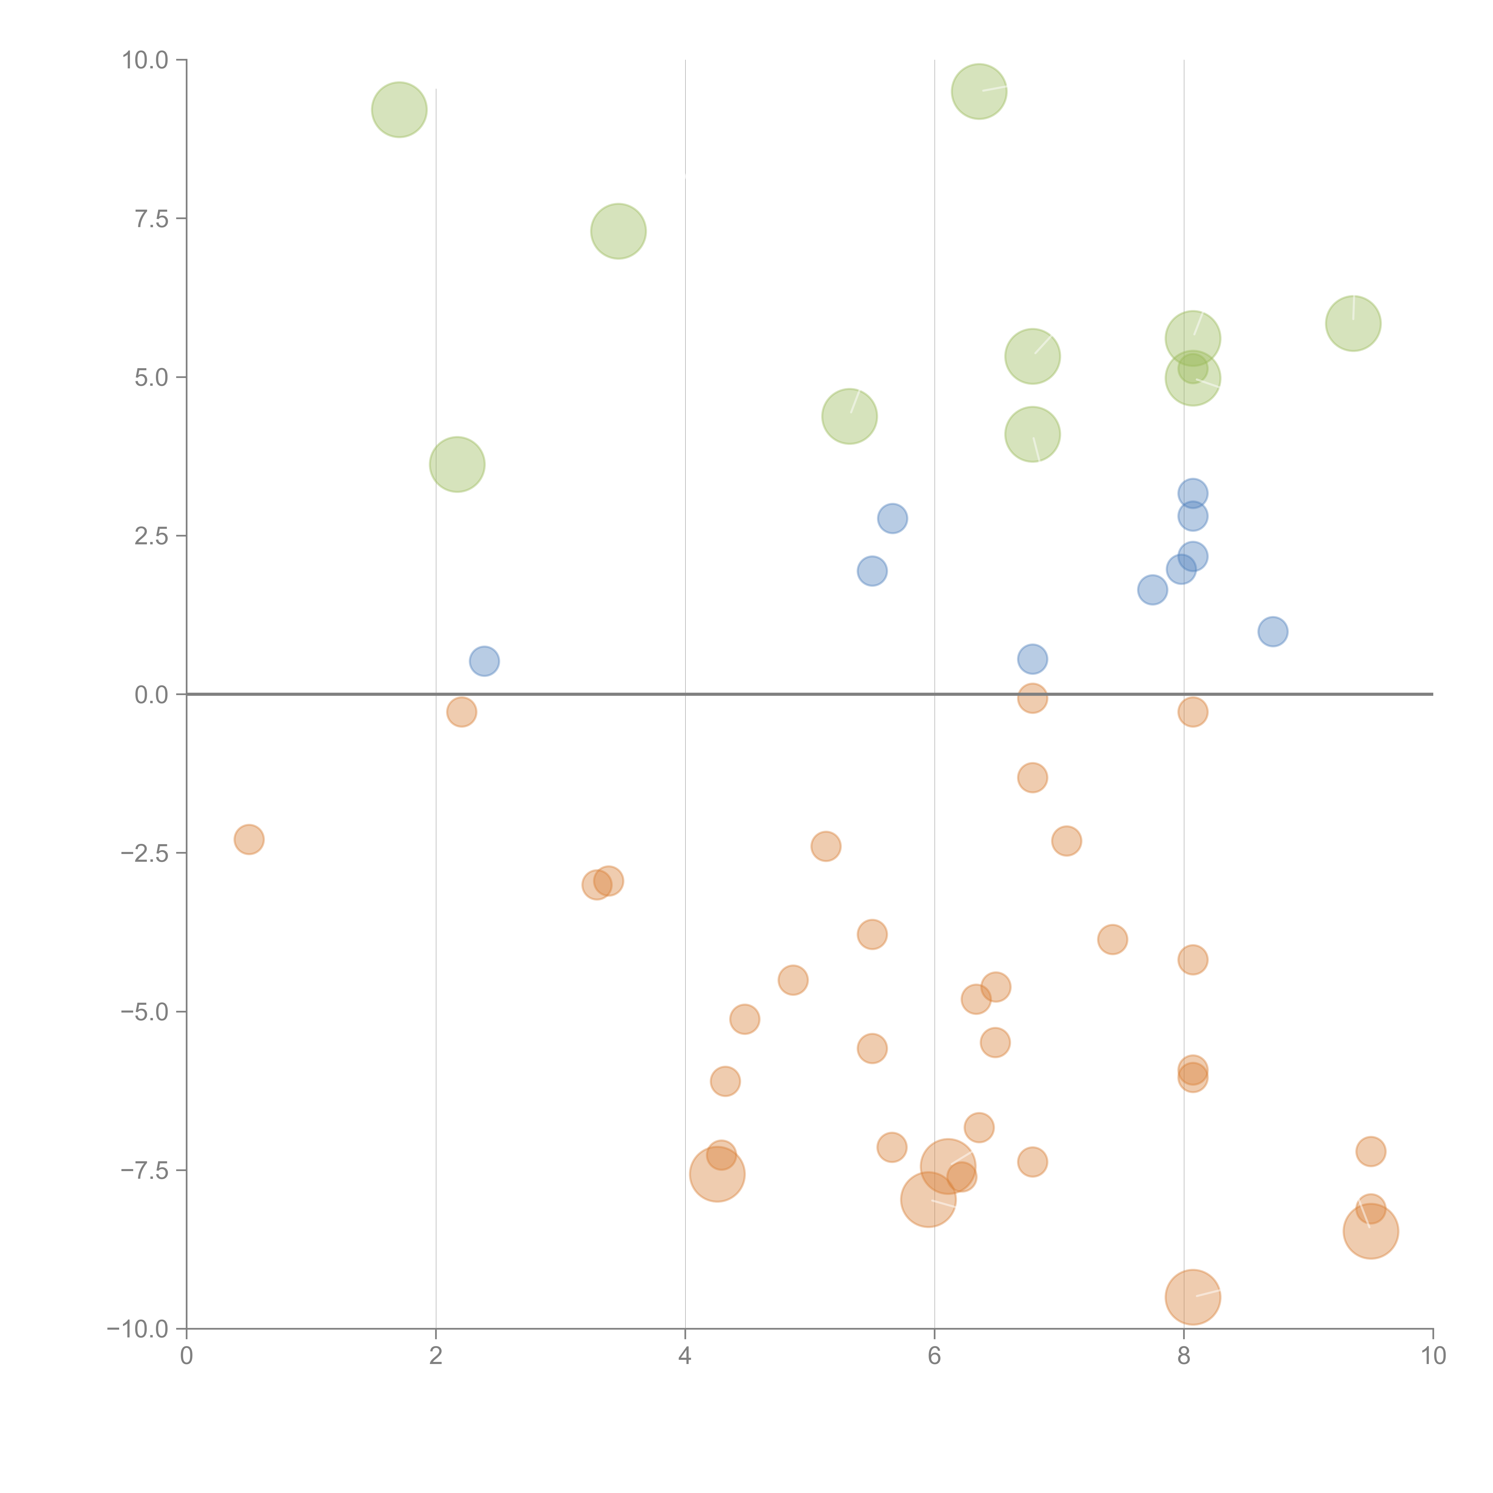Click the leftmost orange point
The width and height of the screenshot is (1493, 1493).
click(249, 839)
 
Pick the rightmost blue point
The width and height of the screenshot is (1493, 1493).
click(1273, 631)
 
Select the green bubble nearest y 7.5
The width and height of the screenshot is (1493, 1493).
click(618, 231)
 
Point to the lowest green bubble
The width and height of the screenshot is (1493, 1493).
click(457, 464)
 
